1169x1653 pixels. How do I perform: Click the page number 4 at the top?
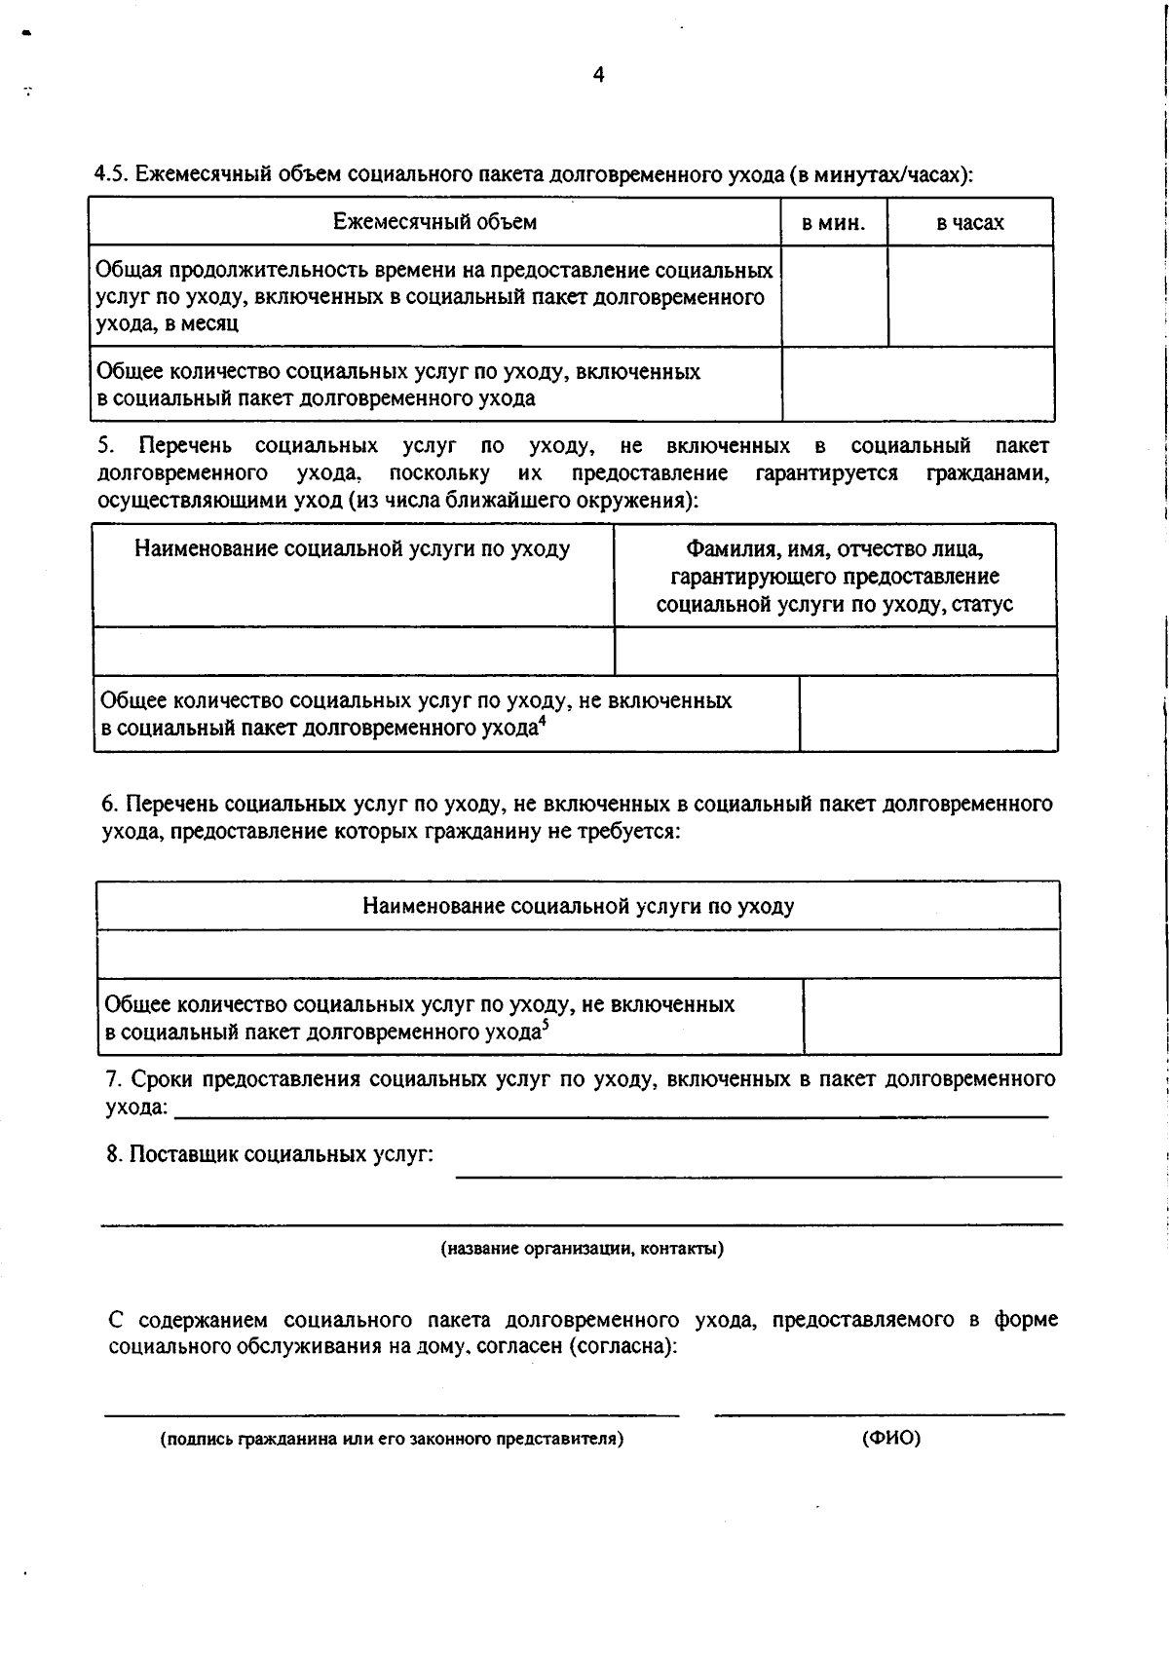598,75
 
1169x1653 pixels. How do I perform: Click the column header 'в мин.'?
833,223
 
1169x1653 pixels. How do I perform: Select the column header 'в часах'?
970,223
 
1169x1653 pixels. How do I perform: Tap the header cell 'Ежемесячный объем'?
434,222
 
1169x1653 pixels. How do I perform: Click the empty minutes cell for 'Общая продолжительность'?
834,296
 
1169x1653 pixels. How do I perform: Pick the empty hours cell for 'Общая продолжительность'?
970,296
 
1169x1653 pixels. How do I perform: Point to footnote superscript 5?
546,1024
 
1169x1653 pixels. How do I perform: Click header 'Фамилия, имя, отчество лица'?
835,549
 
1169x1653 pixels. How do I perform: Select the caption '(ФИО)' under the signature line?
890,1439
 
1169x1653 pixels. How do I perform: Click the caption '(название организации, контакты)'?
582,1249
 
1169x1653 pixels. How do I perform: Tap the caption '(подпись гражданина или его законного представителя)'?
392,1439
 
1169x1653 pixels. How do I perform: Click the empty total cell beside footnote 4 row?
927,714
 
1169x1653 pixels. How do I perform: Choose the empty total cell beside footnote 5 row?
931,1017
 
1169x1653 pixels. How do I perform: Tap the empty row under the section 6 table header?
578,954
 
